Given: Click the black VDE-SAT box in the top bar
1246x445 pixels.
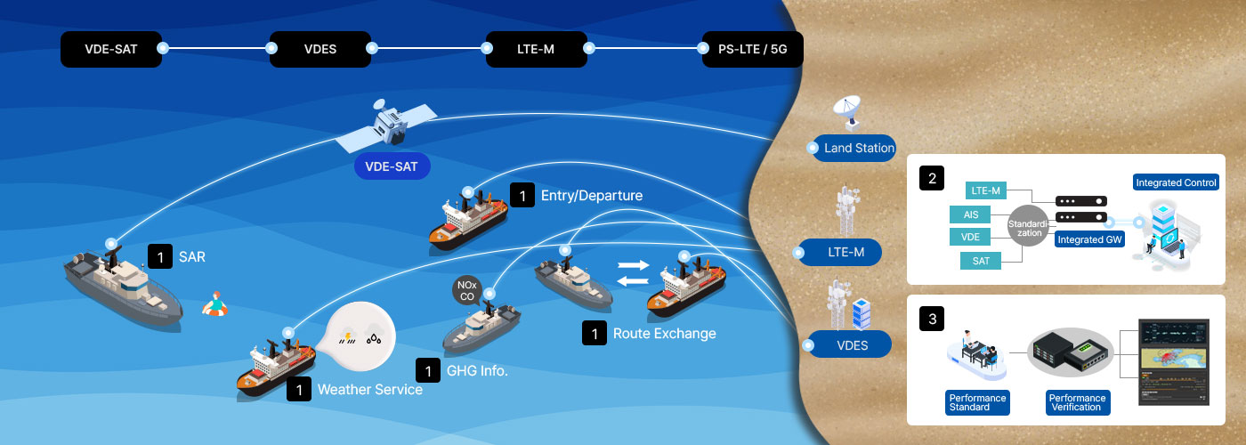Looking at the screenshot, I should click(x=111, y=49).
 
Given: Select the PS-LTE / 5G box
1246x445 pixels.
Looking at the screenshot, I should click(x=752, y=49).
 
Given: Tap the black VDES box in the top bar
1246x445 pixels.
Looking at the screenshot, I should click(x=320, y=49).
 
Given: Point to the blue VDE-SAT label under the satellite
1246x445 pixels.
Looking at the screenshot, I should click(x=392, y=166).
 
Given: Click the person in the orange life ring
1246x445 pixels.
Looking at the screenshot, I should click(x=214, y=305).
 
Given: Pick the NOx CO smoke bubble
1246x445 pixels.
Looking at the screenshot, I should click(x=467, y=291).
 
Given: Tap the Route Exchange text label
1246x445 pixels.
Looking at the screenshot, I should click(x=664, y=334).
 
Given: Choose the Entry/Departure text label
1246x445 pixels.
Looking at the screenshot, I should click(x=591, y=195).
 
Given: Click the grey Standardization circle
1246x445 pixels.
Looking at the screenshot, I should click(x=1029, y=227).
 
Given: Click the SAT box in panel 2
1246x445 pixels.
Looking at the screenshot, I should click(x=981, y=260).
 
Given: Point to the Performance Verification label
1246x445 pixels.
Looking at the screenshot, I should click(x=1076, y=402).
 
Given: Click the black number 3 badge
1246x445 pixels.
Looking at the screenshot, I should click(x=932, y=318).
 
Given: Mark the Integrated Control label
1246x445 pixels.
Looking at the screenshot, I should click(x=1176, y=182).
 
